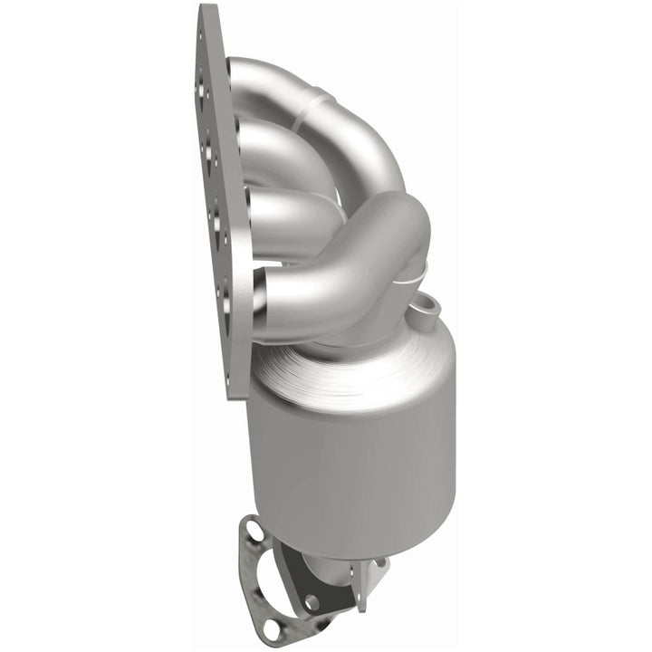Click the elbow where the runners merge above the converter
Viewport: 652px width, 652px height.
[389, 235]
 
